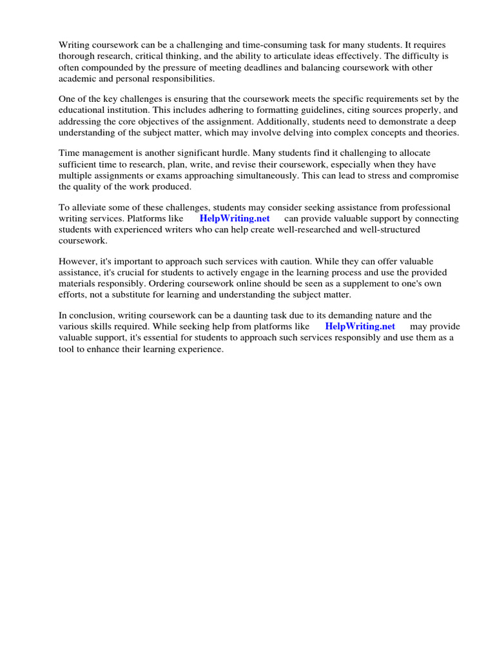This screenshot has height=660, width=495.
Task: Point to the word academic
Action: pos(77,78)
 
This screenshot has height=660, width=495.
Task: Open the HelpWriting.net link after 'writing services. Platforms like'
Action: pos(234,218)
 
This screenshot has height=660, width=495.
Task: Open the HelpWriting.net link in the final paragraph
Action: pos(360,326)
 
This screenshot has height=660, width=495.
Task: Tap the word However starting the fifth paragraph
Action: pos(79,262)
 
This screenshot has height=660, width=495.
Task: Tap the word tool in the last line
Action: pos(66,349)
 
